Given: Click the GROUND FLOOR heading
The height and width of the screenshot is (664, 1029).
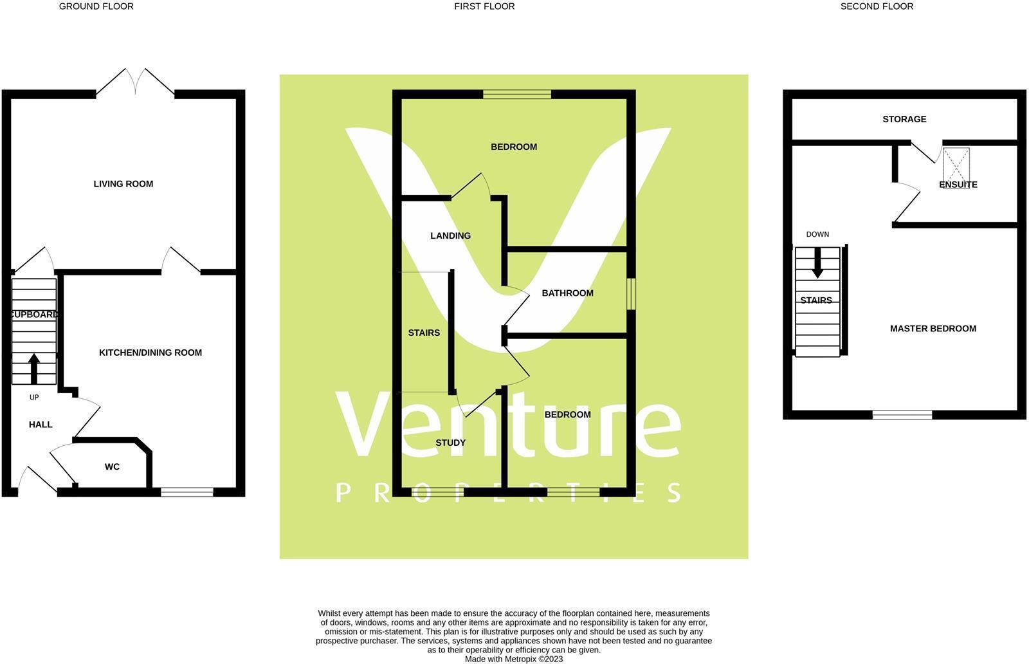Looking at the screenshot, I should [96, 6].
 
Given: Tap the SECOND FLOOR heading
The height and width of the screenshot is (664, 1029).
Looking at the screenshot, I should [877, 6].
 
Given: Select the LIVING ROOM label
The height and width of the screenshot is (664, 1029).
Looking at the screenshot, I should [123, 184].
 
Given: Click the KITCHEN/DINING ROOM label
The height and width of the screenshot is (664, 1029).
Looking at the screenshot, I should [150, 353].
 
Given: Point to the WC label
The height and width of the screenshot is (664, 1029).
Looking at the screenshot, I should [112, 466].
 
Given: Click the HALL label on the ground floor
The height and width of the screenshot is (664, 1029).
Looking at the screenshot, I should [41, 425].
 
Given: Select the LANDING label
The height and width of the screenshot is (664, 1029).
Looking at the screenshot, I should [450, 235].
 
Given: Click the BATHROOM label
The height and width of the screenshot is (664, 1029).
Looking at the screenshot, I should [567, 293].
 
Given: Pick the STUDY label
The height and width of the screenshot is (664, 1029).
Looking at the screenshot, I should [450, 443].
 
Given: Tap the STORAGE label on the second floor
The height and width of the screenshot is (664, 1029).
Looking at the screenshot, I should [904, 119].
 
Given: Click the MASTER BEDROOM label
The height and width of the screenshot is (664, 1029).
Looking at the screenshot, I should [933, 329].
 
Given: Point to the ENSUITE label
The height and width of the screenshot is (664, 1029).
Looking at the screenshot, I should [958, 185].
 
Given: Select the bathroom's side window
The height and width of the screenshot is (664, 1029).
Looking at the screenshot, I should [632, 293].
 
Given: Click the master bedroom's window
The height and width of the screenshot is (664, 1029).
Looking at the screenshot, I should [902, 415].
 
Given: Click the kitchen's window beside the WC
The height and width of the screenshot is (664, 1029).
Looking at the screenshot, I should [187, 492].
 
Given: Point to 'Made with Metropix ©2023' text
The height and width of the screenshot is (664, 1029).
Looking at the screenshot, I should [514, 659].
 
